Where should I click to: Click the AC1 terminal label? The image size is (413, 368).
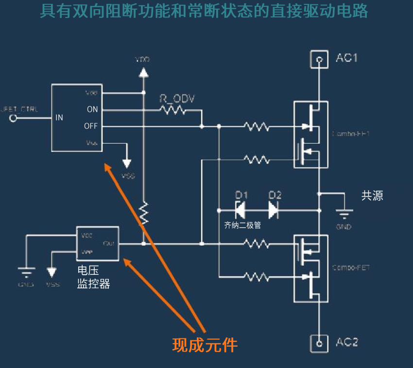(347, 58)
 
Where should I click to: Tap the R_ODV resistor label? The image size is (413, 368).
(177, 99)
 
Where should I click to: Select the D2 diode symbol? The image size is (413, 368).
(274, 210)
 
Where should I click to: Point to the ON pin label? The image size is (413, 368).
(92, 110)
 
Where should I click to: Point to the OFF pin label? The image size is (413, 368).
(91, 126)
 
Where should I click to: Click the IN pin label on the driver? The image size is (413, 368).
(59, 117)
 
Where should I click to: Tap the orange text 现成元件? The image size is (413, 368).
(205, 345)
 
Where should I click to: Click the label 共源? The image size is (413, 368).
(372, 196)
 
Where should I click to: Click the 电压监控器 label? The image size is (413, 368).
(93, 277)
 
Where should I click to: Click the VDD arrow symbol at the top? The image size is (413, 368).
(143, 72)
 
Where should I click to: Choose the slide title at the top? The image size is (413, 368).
(204, 10)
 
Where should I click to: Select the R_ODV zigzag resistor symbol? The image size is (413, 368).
(173, 110)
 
